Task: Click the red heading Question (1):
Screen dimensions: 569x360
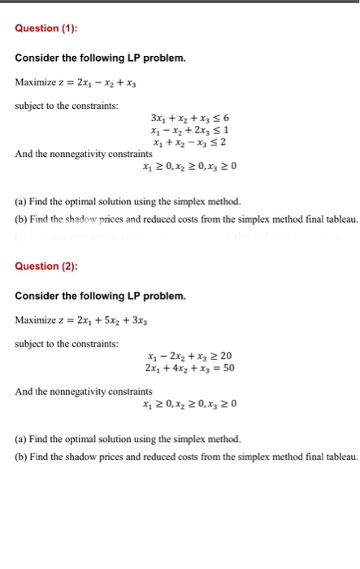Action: tap(46, 28)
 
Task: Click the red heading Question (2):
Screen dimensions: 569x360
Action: tap(46, 266)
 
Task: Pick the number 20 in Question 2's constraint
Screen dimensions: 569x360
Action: tap(226, 355)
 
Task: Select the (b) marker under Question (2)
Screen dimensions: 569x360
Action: tap(21, 456)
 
